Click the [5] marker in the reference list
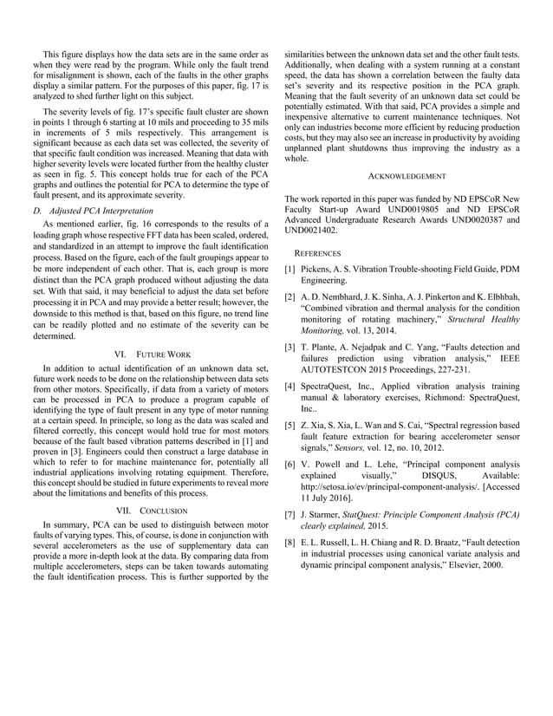(x=290, y=426)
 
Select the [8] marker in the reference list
(x=290, y=542)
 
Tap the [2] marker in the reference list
(x=290, y=297)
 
